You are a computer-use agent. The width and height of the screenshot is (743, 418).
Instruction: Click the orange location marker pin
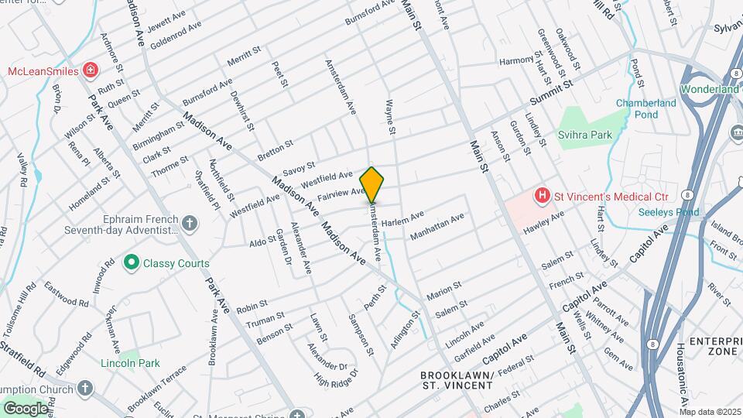click(371, 184)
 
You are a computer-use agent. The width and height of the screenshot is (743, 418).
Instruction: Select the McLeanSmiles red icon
click(91, 71)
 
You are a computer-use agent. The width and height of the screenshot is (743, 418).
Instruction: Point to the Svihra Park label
click(585, 135)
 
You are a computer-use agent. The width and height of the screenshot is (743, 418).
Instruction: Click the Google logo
click(25, 408)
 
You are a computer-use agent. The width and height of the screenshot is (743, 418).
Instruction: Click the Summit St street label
click(551, 93)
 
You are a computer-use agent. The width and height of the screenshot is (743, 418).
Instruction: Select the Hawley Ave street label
click(544, 224)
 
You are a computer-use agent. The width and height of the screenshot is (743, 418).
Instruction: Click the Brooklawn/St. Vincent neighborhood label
click(457, 381)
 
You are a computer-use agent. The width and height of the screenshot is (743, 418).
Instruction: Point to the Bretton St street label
click(276, 150)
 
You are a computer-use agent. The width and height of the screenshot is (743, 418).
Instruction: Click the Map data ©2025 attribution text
click(710, 412)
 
